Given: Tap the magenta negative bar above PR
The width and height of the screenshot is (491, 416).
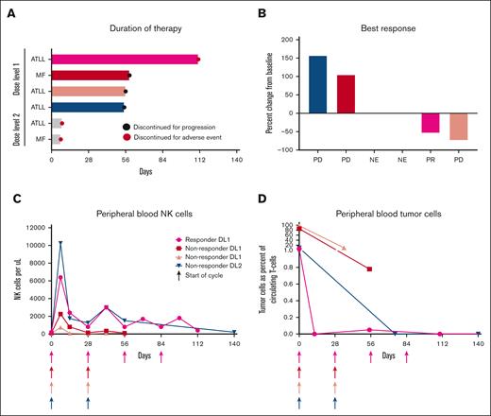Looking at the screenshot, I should tap(431, 122).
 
